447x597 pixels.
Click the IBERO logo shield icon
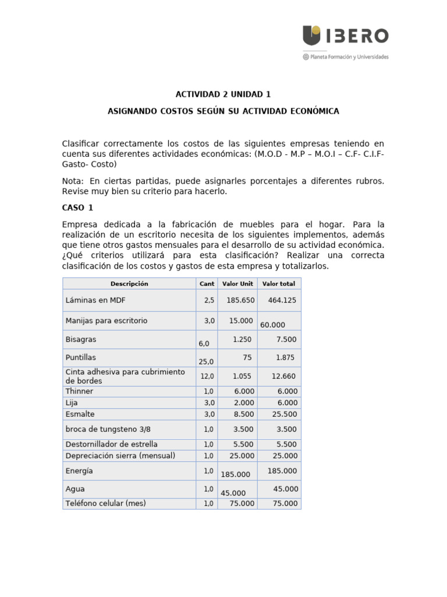tap(311, 36)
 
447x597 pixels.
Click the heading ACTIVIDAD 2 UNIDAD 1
tap(223, 94)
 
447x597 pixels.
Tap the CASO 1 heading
tap(77, 208)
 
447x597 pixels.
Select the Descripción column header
tap(129, 284)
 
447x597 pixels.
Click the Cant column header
tap(207, 284)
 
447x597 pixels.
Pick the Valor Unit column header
tap(237, 284)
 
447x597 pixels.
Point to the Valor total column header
tap(279, 284)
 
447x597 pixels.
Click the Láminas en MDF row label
tap(95, 300)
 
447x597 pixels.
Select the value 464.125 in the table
tap(282, 300)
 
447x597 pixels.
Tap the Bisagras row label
tap(81, 339)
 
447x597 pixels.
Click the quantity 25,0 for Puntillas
tap(207, 361)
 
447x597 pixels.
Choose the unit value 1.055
tap(242, 377)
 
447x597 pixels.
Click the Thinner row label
tap(79, 391)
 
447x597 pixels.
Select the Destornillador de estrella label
tap(111, 444)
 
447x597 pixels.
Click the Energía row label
tap(79, 471)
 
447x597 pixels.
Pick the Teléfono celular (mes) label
tap(105, 504)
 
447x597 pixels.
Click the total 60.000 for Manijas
tap(272, 325)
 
